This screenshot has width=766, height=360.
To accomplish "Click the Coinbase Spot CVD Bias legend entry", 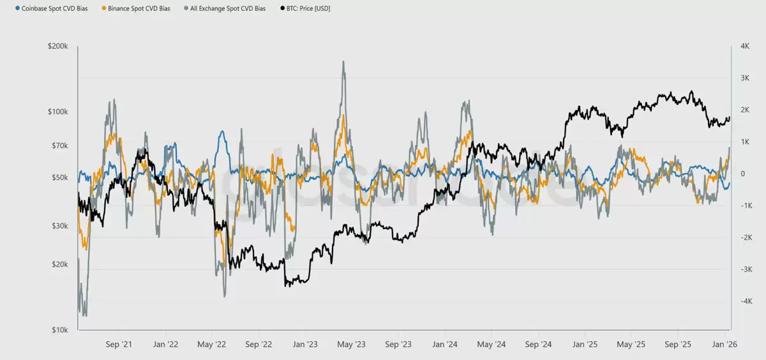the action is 52,8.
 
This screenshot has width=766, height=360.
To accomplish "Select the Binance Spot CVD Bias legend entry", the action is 136,8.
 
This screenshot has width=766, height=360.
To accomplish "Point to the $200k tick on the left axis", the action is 58,46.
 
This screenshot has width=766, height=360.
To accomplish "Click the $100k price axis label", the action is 58,112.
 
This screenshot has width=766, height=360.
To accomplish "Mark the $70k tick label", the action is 60,146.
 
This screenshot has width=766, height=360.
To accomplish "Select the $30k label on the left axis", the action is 60,226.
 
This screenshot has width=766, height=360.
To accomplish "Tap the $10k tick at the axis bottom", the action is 60,330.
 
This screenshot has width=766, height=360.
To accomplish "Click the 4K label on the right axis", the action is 745,46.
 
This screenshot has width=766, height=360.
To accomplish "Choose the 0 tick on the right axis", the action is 742,174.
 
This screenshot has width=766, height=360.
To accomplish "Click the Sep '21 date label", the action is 119,344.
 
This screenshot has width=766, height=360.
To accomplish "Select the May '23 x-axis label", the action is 351,344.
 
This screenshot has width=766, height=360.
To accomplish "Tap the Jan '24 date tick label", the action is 444,344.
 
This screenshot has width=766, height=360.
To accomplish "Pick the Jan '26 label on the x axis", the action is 725,344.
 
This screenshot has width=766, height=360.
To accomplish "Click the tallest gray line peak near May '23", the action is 343,61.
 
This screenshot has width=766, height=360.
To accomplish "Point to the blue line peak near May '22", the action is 222,131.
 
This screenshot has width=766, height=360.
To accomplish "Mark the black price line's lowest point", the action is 286,286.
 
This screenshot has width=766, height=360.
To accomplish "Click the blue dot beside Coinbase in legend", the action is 17,8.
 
